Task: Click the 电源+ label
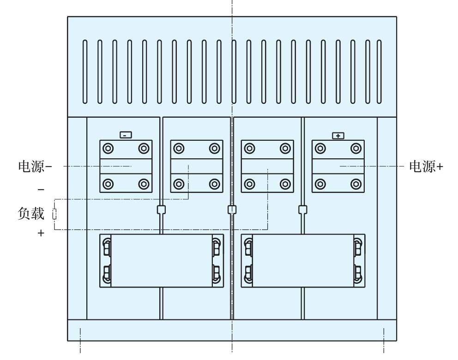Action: click(x=426, y=167)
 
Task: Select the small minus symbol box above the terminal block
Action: click(x=126, y=135)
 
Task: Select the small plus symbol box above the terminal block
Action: click(x=338, y=136)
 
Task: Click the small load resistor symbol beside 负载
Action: click(x=55, y=214)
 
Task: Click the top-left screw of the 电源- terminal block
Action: click(x=108, y=149)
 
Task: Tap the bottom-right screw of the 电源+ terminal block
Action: click(x=355, y=184)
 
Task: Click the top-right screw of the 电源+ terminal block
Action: click(x=355, y=149)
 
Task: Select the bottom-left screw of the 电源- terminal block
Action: click(x=108, y=184)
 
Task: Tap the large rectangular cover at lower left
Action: click(x=162, y=261)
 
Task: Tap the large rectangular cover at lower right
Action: click(x=303, y=261)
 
